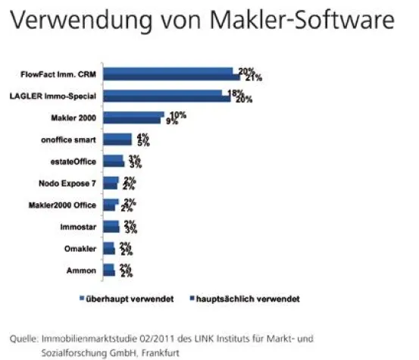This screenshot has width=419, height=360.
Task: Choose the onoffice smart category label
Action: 67,139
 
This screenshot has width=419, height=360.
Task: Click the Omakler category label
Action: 78,249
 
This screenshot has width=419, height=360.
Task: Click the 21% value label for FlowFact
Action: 253,77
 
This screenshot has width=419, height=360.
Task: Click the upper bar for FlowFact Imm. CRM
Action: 168,70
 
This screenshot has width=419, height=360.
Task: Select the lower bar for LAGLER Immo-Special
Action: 166,99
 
